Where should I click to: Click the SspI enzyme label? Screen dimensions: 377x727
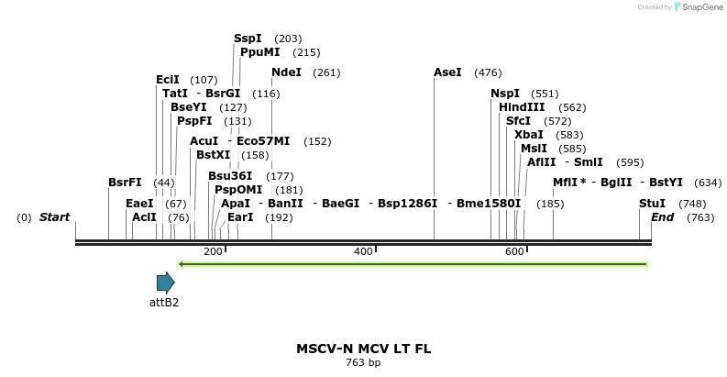point(248,39)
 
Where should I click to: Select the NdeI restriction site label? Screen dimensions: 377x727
point(286,72)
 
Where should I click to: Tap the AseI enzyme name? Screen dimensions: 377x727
point(447,72)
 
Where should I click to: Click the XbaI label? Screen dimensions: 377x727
point(529,135)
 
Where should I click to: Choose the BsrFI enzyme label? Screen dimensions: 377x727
point(125,183)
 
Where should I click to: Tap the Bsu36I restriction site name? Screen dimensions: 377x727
point(230,176)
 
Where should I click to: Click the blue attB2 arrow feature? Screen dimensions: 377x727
point(165,283)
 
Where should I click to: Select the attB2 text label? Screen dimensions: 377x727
point(164,302)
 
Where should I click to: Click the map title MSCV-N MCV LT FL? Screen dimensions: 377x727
point(363,349)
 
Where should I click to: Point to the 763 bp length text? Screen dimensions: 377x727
point(363,363)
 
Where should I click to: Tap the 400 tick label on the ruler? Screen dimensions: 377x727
point(363,251)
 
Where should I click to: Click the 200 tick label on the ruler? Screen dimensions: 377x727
point(213,251)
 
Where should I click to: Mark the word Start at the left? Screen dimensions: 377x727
point(54,217)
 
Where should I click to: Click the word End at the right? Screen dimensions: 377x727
point(663,217)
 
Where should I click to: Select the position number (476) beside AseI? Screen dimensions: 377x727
point(488,72)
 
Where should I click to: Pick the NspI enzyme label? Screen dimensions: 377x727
point(505,94)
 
